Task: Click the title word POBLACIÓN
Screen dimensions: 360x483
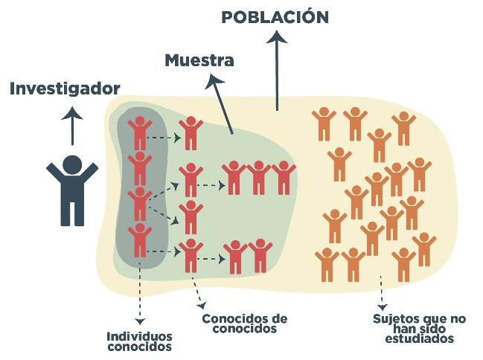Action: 275,16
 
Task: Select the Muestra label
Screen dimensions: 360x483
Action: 199,60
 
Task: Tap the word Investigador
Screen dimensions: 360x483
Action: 65,89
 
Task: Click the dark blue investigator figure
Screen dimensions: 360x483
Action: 71,190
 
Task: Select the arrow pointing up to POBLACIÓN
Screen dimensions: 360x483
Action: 277,71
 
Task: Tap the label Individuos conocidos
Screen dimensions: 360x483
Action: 139,341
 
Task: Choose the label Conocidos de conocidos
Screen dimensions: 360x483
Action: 244,323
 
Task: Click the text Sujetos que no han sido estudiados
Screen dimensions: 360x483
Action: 419,327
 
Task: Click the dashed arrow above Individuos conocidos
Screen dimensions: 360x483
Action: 139,286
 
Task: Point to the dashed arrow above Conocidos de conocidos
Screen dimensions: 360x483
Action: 197,292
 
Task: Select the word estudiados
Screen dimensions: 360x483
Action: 419,338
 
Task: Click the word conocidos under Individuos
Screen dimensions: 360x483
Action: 139,347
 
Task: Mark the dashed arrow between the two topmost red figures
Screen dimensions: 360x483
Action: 164,137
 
